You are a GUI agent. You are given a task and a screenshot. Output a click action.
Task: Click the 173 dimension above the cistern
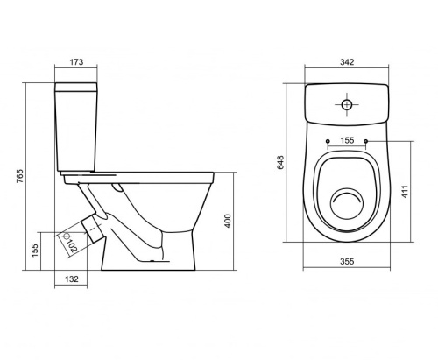[76, 62]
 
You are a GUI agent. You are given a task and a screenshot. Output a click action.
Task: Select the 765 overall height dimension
[19, 176]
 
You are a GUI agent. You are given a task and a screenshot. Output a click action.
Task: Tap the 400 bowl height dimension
[228, 221]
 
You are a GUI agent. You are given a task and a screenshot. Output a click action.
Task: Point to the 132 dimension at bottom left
[72, 279]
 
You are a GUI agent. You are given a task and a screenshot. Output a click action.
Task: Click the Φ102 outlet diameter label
[69, 243]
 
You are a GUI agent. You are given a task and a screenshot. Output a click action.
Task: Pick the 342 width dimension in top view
[347, 62]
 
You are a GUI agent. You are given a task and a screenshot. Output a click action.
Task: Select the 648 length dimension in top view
[280, 162]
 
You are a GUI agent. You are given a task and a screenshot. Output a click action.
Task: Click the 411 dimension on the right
[405, 192]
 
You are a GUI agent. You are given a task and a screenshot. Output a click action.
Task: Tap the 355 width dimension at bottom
[347, 261]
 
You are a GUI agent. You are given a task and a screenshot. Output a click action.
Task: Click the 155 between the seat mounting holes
[347, 140]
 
